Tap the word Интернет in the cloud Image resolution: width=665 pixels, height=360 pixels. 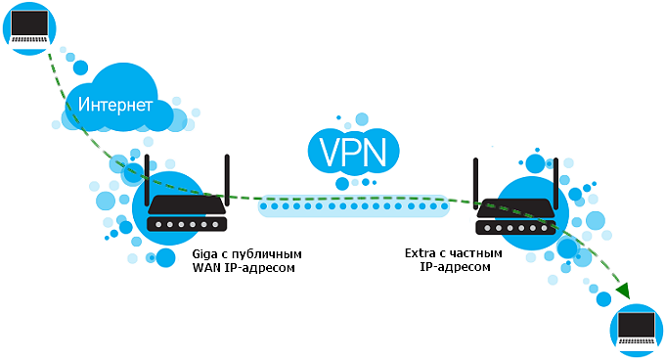click(116, 104)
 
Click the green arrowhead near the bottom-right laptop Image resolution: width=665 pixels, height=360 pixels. click(621, 291)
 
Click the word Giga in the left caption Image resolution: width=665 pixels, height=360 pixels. click(206, 253)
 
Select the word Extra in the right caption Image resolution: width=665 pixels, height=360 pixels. click(421, 253)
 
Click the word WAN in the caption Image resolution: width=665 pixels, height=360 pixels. click(208, 267)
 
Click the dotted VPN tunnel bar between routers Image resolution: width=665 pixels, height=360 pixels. click(352, 206)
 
